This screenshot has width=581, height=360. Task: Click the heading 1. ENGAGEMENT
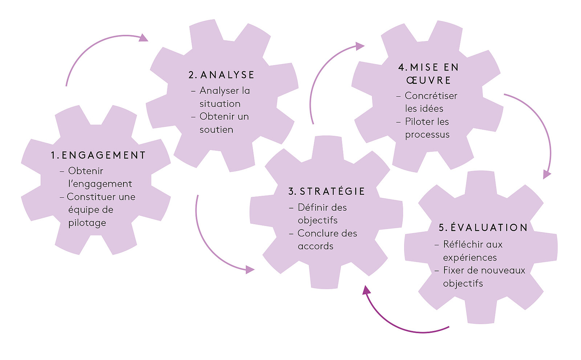(98, 155)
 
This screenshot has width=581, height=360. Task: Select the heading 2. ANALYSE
(222, 75)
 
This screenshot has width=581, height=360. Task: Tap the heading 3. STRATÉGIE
(326, 191)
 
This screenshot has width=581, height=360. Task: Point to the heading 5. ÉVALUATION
(483, 228)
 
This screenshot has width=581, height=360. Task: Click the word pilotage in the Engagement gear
(87, 223)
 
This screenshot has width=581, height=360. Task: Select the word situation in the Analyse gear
(220, 104)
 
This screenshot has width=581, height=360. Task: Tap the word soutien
(216, 130)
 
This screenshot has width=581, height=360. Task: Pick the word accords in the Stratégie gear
(316, 246)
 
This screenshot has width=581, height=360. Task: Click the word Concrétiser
(431, 96)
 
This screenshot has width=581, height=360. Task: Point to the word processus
(427, 135)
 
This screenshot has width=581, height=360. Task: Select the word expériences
(470, 258)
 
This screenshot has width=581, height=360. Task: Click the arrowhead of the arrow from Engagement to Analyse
(144, 38)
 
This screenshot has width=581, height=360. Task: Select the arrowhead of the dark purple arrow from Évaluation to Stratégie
(366, 290)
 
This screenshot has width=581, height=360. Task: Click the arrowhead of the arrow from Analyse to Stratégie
(250, 270)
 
